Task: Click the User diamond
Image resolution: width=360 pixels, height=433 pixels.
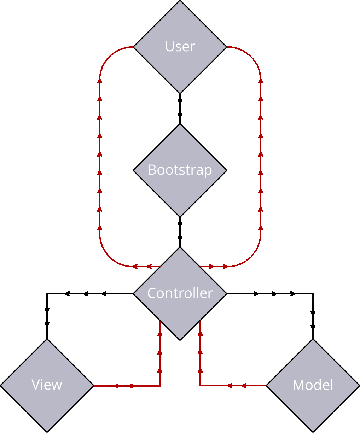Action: coord(180,47)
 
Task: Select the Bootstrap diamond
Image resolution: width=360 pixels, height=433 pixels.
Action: coord(180,170)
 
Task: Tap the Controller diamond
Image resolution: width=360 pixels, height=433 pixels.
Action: coord(180,293)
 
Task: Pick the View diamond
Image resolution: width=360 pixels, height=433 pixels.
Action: coord(47,385)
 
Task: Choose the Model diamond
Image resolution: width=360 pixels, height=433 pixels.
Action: coord(313,385)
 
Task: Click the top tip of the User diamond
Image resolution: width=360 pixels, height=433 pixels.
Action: coord(180,2)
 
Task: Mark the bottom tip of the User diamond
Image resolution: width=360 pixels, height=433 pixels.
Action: coord(180,93)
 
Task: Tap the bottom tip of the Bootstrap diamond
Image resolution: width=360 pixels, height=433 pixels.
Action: coord(180,216)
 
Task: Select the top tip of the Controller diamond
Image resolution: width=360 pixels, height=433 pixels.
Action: coord(180,248)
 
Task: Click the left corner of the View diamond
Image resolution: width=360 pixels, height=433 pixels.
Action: coord(2,385)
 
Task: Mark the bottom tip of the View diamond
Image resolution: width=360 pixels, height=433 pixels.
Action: coord(47,431)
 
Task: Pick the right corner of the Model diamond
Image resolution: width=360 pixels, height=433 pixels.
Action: coord(358,385)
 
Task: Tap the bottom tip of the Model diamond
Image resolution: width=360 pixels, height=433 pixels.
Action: coord(313,431)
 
